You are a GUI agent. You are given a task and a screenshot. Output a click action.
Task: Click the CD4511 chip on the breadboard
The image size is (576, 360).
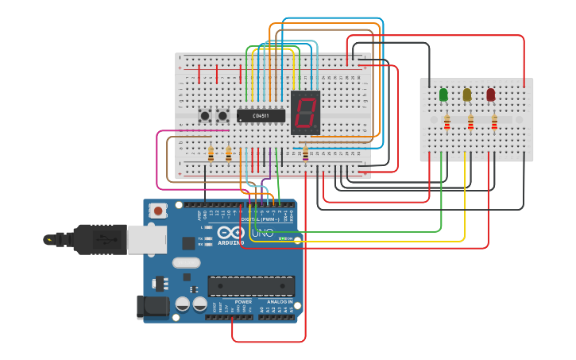coord(261,116)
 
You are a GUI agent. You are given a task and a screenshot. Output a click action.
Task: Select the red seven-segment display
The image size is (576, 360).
coord(305,111)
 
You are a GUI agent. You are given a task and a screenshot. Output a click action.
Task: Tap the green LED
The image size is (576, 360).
coord(443,95)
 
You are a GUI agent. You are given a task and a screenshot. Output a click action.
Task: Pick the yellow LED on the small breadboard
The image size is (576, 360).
coord(467,95)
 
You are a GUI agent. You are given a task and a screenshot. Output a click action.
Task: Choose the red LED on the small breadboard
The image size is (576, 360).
coord(491,95)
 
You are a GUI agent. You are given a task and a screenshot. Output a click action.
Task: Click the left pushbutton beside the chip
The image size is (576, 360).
coord(205,116)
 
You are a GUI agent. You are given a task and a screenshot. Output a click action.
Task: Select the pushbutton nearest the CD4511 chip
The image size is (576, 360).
coord(222,116)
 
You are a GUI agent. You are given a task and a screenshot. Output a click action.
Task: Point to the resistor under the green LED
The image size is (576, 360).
coord(446,122)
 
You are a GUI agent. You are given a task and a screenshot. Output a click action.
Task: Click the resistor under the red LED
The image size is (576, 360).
coord(494,122)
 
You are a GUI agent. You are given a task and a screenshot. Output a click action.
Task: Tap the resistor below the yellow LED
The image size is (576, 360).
coord(470,122)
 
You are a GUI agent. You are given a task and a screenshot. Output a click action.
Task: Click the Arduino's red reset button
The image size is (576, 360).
coord(159,211)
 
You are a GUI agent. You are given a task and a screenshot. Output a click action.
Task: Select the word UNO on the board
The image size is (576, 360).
coord(262,234)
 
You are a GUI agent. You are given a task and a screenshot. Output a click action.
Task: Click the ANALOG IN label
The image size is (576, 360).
coord(279,302)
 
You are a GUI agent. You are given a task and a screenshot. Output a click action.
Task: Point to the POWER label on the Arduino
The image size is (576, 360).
coord(243,302)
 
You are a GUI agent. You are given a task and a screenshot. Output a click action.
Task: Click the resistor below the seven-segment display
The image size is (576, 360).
coord(306,153)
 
